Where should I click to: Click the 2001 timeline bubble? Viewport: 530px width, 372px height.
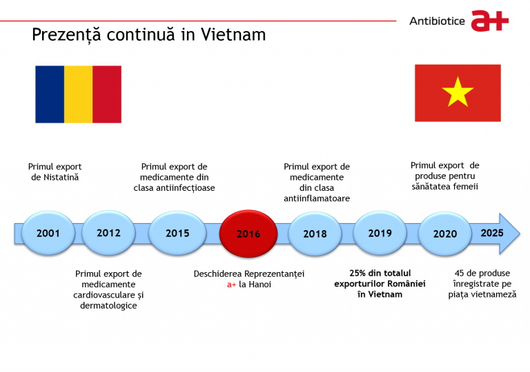click(48, 233)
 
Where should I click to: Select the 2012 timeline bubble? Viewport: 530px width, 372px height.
click(108, 233)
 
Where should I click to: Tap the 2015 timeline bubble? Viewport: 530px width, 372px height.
click(177, 233)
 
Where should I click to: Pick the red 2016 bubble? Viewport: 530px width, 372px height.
click(248, 234)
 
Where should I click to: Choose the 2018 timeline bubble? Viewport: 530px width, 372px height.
click(315, 234)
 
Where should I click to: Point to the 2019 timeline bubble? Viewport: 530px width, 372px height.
click(380, 233)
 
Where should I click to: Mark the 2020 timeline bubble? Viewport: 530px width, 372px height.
click(445, 234)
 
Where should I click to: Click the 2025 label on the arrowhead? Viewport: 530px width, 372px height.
click(492, 233)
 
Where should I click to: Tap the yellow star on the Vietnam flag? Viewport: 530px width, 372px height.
click(458, 92)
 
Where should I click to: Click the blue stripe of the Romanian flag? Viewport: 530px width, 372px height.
click(50, 94)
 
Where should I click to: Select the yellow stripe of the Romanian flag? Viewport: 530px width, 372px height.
click(79, 94)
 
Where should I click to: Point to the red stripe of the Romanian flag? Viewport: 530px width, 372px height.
click(107, 94)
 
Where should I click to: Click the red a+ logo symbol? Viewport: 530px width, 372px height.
click(490, 21)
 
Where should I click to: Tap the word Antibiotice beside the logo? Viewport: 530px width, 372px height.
click(437, 21)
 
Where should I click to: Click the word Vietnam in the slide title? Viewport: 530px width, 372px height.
click(233, 34)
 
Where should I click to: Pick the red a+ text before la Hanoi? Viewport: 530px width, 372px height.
click(232, 285)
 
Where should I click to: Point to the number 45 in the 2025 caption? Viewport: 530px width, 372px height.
click(459, 273)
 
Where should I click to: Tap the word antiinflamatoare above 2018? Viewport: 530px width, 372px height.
click(317, 198)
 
